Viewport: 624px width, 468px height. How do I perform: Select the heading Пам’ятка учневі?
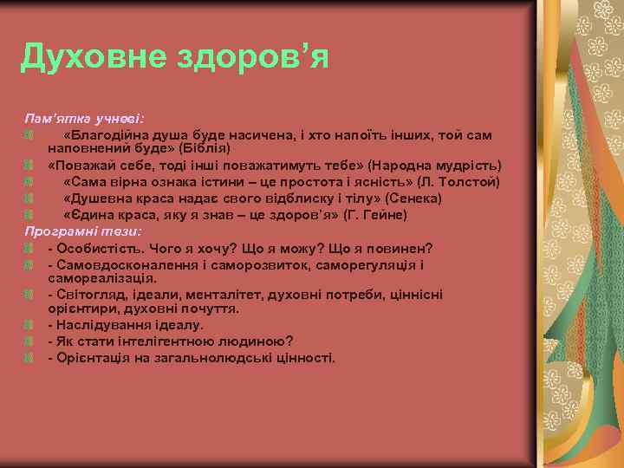[84, 116]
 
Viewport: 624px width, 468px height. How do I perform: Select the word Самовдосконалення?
[119, 263]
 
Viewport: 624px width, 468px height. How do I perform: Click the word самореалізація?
[102, 278]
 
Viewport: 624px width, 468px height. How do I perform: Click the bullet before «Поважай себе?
[29, 165]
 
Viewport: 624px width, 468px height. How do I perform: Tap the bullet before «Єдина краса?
[29, 214]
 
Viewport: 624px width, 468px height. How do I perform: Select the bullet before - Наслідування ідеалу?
[29, 325]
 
